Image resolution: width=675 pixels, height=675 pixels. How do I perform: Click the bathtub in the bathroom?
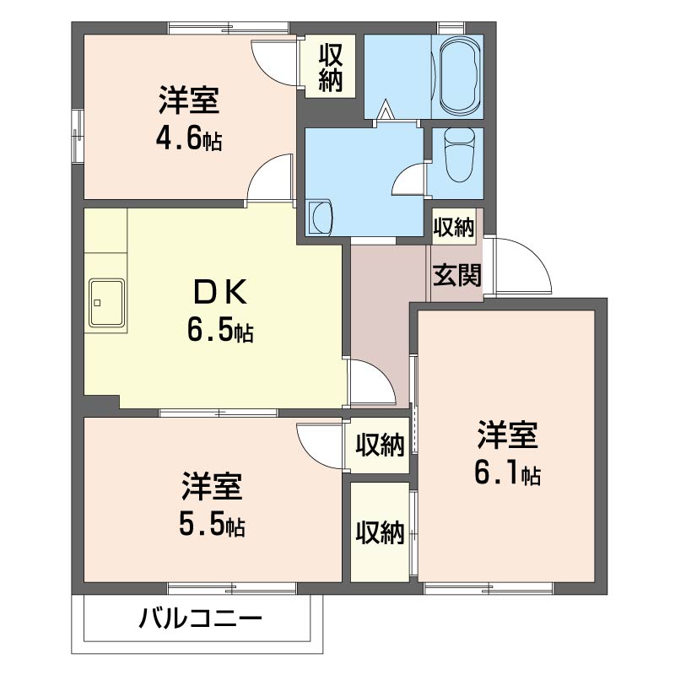click(x=460, y=76)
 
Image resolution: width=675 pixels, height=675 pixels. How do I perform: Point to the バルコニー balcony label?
click(x=201, y=621)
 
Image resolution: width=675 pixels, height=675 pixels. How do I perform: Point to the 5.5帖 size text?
click(x=213, y=525)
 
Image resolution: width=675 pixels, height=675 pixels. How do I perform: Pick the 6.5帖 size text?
click(x=220, y=331)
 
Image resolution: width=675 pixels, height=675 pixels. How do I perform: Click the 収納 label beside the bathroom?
click(x=330, y=67)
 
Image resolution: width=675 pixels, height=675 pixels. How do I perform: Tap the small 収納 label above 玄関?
click(x=454, y=226)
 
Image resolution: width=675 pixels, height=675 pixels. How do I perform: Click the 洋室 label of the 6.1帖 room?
click(x=507, y=436)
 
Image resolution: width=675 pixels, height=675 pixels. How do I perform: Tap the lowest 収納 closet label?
click(x=380, y=532)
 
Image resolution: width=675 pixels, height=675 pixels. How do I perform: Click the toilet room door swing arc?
click(x=410, y=179)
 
